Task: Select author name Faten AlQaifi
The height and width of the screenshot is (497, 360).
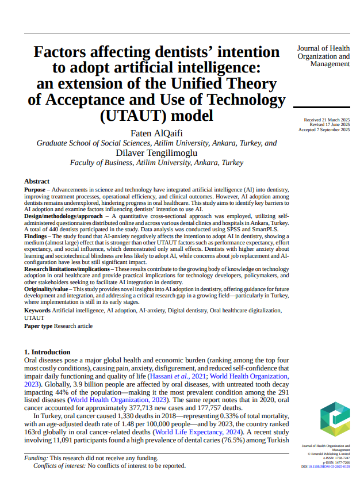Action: (156, 133)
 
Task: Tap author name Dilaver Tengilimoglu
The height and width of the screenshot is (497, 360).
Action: (156, 153)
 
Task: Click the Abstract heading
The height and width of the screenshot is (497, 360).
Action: (37, 181)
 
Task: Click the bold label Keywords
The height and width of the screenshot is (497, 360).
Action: (37, 310)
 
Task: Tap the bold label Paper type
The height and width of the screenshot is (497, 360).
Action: (39, 326)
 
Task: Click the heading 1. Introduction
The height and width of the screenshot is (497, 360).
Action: (47, 351)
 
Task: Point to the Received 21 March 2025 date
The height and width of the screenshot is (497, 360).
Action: (326, 120)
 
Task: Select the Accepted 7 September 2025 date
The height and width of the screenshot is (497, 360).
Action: (324, 130)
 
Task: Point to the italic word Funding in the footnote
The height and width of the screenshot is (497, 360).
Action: (36, 458)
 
